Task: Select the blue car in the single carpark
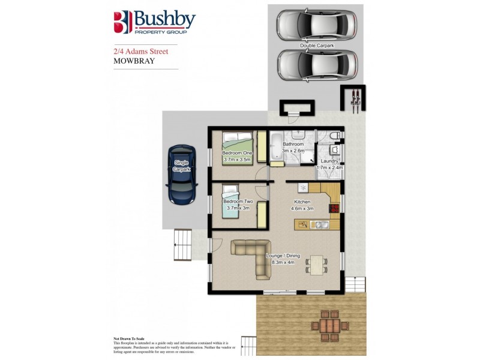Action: click(x=182, y=173)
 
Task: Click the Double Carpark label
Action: click(x=317, y=46)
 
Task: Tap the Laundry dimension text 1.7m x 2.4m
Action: click(x=328, y=168)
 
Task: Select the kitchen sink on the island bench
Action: click(x=317, y=225)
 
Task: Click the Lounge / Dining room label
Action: click(x=285, y=256)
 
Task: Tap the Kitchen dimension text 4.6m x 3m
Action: click(x=302, y=209)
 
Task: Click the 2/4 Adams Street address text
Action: click(x=141, y=52)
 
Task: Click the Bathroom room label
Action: click(x=293, y=144)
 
